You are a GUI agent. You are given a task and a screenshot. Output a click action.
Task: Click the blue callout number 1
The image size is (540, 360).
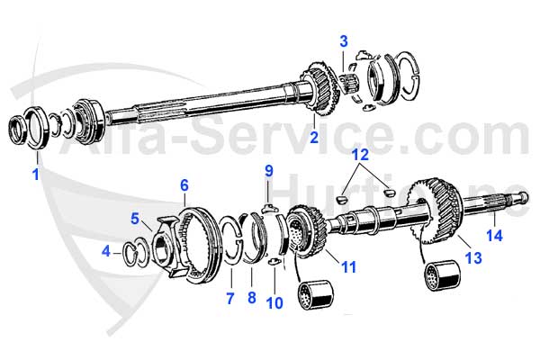coord(35,174)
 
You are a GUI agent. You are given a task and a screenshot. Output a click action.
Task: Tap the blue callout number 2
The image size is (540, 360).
coord(314,137)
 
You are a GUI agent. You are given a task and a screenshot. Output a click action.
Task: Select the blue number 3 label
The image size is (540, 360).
coord(344,41)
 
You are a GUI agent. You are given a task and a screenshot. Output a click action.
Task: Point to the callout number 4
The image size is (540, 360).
coord(106,251)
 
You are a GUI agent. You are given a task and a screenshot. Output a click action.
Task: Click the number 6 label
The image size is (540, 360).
coord(184,185)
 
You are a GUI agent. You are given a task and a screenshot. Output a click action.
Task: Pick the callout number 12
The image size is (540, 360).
coord(360,155)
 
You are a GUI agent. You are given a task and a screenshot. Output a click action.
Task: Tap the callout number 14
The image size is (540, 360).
coord(494,236)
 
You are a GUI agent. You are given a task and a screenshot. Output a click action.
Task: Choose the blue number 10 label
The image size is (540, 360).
coord(274,303)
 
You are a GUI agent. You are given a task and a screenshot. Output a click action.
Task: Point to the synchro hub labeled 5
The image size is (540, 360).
coord(169,245)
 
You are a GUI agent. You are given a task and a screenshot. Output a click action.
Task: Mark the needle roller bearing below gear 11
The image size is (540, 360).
coord(316,295)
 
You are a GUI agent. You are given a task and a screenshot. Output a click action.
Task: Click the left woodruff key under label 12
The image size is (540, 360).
coord(340,199)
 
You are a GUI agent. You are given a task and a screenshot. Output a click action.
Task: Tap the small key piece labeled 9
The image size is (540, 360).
coord(270,208)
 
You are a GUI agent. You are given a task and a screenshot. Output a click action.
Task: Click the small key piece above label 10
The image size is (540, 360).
coord(273,262)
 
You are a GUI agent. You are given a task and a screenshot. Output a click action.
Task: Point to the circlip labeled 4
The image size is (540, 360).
coord(128,255)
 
